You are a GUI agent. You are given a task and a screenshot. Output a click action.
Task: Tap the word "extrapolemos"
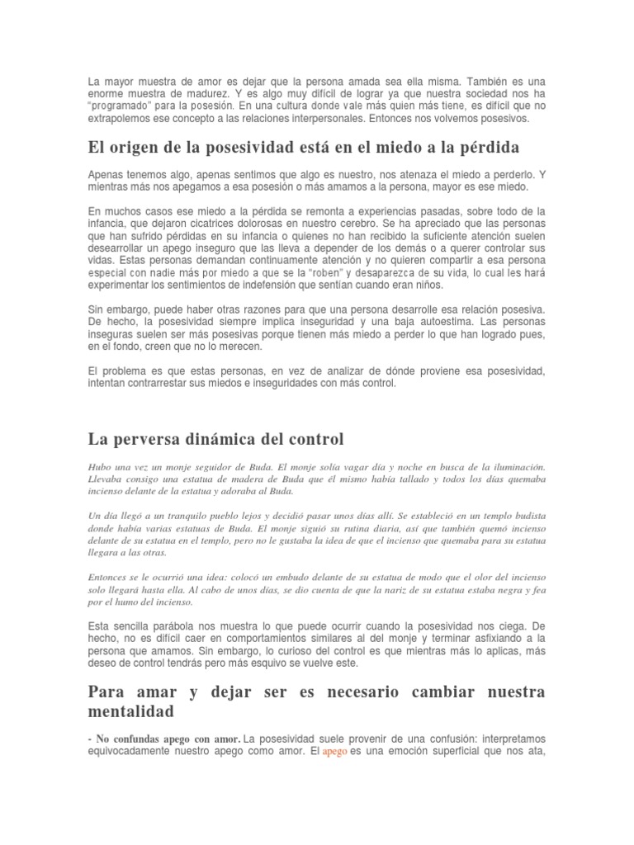click(121, 119)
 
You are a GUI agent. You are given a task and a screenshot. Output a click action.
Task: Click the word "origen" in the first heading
click(134, 148)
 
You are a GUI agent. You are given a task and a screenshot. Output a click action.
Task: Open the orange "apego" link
click(335, 752)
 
